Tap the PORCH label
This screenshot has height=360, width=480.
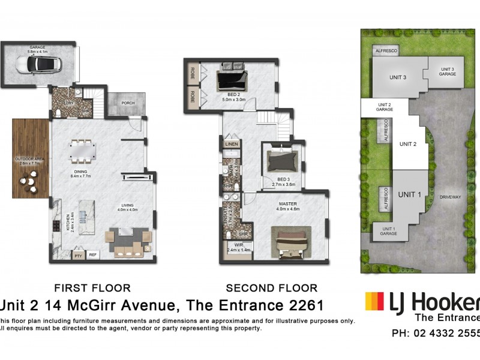coord(127,103)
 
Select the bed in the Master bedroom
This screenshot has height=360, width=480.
coord(291,242)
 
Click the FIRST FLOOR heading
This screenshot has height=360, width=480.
coord(92,288)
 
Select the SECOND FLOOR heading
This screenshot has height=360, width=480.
coord(271,288)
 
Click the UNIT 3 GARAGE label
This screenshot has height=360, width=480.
coord(448,71)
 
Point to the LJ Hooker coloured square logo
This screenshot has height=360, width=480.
coord(374,302)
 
